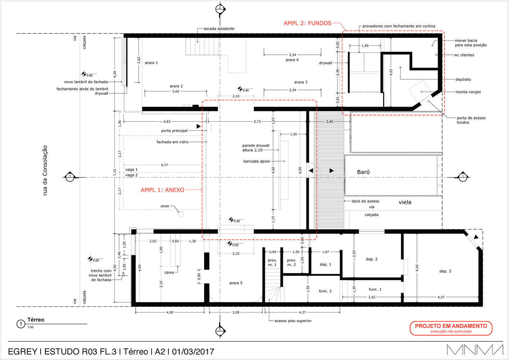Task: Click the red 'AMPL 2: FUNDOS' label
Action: (307, 23)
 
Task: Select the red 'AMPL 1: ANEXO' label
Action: (162, 190)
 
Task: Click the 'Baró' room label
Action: (363, 172)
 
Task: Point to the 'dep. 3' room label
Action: (445, 271)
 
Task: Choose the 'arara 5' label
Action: (236, 283)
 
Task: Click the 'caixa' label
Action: (169, 273)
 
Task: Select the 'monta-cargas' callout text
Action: (468, 92)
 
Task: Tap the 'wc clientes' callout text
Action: (464, 55)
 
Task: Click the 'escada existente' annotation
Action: (219, 29)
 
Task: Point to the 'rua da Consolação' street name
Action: (45, 170)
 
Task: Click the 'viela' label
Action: (405, 202)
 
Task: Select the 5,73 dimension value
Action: (257, 122)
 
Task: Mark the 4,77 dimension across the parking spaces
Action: (164, 165)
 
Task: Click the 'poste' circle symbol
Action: (181, 214)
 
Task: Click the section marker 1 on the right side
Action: (462, 177)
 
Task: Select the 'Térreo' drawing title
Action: (36, 320)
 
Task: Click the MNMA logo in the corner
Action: (475, 350)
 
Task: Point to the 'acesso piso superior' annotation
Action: (293, 321)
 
